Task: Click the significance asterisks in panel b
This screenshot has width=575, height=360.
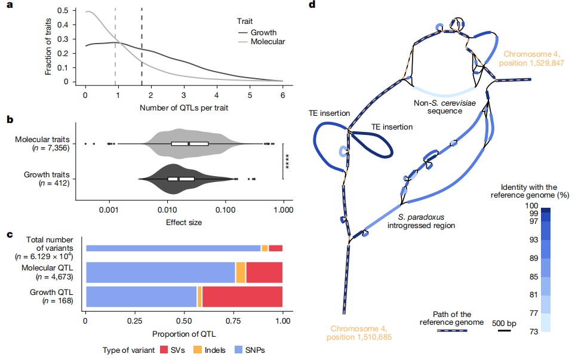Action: (x=288, y=162)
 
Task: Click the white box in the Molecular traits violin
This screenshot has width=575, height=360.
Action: (x=189, y=143)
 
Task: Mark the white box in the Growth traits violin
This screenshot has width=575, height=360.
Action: (x=181, y=179)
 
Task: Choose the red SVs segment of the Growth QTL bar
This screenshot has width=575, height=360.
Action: (x=242, y=297)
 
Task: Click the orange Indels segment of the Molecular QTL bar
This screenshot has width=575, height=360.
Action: (x=241, y=272)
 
